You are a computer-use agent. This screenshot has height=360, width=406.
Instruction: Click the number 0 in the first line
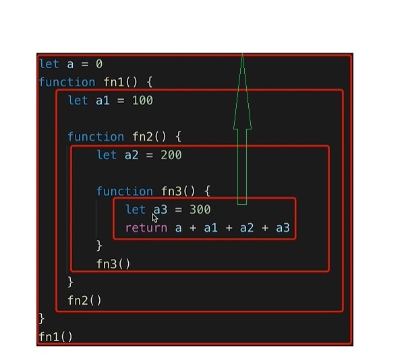pyautogui.click(x=98, y=64)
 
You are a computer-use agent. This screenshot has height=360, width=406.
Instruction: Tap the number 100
pyautogui.click(x=142, y=100)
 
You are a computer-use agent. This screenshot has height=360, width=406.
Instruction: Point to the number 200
pyautogui.click(x=171, y=155)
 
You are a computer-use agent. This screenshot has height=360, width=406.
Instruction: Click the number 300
pyautogui.click(x=200, y=210)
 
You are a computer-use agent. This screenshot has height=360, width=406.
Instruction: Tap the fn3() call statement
pyautogui.click(x=113, y=264)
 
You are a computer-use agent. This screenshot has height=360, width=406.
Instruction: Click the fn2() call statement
pyautogui.click(x=85, y=300)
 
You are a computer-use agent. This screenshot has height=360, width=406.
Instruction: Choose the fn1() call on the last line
pyautogui.click(x=56, y=336)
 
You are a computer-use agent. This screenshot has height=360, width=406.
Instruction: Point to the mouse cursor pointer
pyautogui.click(x=155, y=217)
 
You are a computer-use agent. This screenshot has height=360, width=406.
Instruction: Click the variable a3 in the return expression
pyautogui.click(x=283, y=228)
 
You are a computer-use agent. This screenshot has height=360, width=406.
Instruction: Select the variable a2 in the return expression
pyautogui.click(x=247, y=228)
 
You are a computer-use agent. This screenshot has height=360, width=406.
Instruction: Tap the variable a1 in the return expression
pyautogui.click(x=211, y=228)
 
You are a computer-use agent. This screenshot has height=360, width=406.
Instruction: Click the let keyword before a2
pyautogui.click(x=107, y=155)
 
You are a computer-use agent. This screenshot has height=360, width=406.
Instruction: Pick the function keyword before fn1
pyautogui.click(x=67, y=82)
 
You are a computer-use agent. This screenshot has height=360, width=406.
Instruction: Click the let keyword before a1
pyautogui.click(x=78, y=100)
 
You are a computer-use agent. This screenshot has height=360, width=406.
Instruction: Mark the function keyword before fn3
pyautogui.click(x=125, y=191)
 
